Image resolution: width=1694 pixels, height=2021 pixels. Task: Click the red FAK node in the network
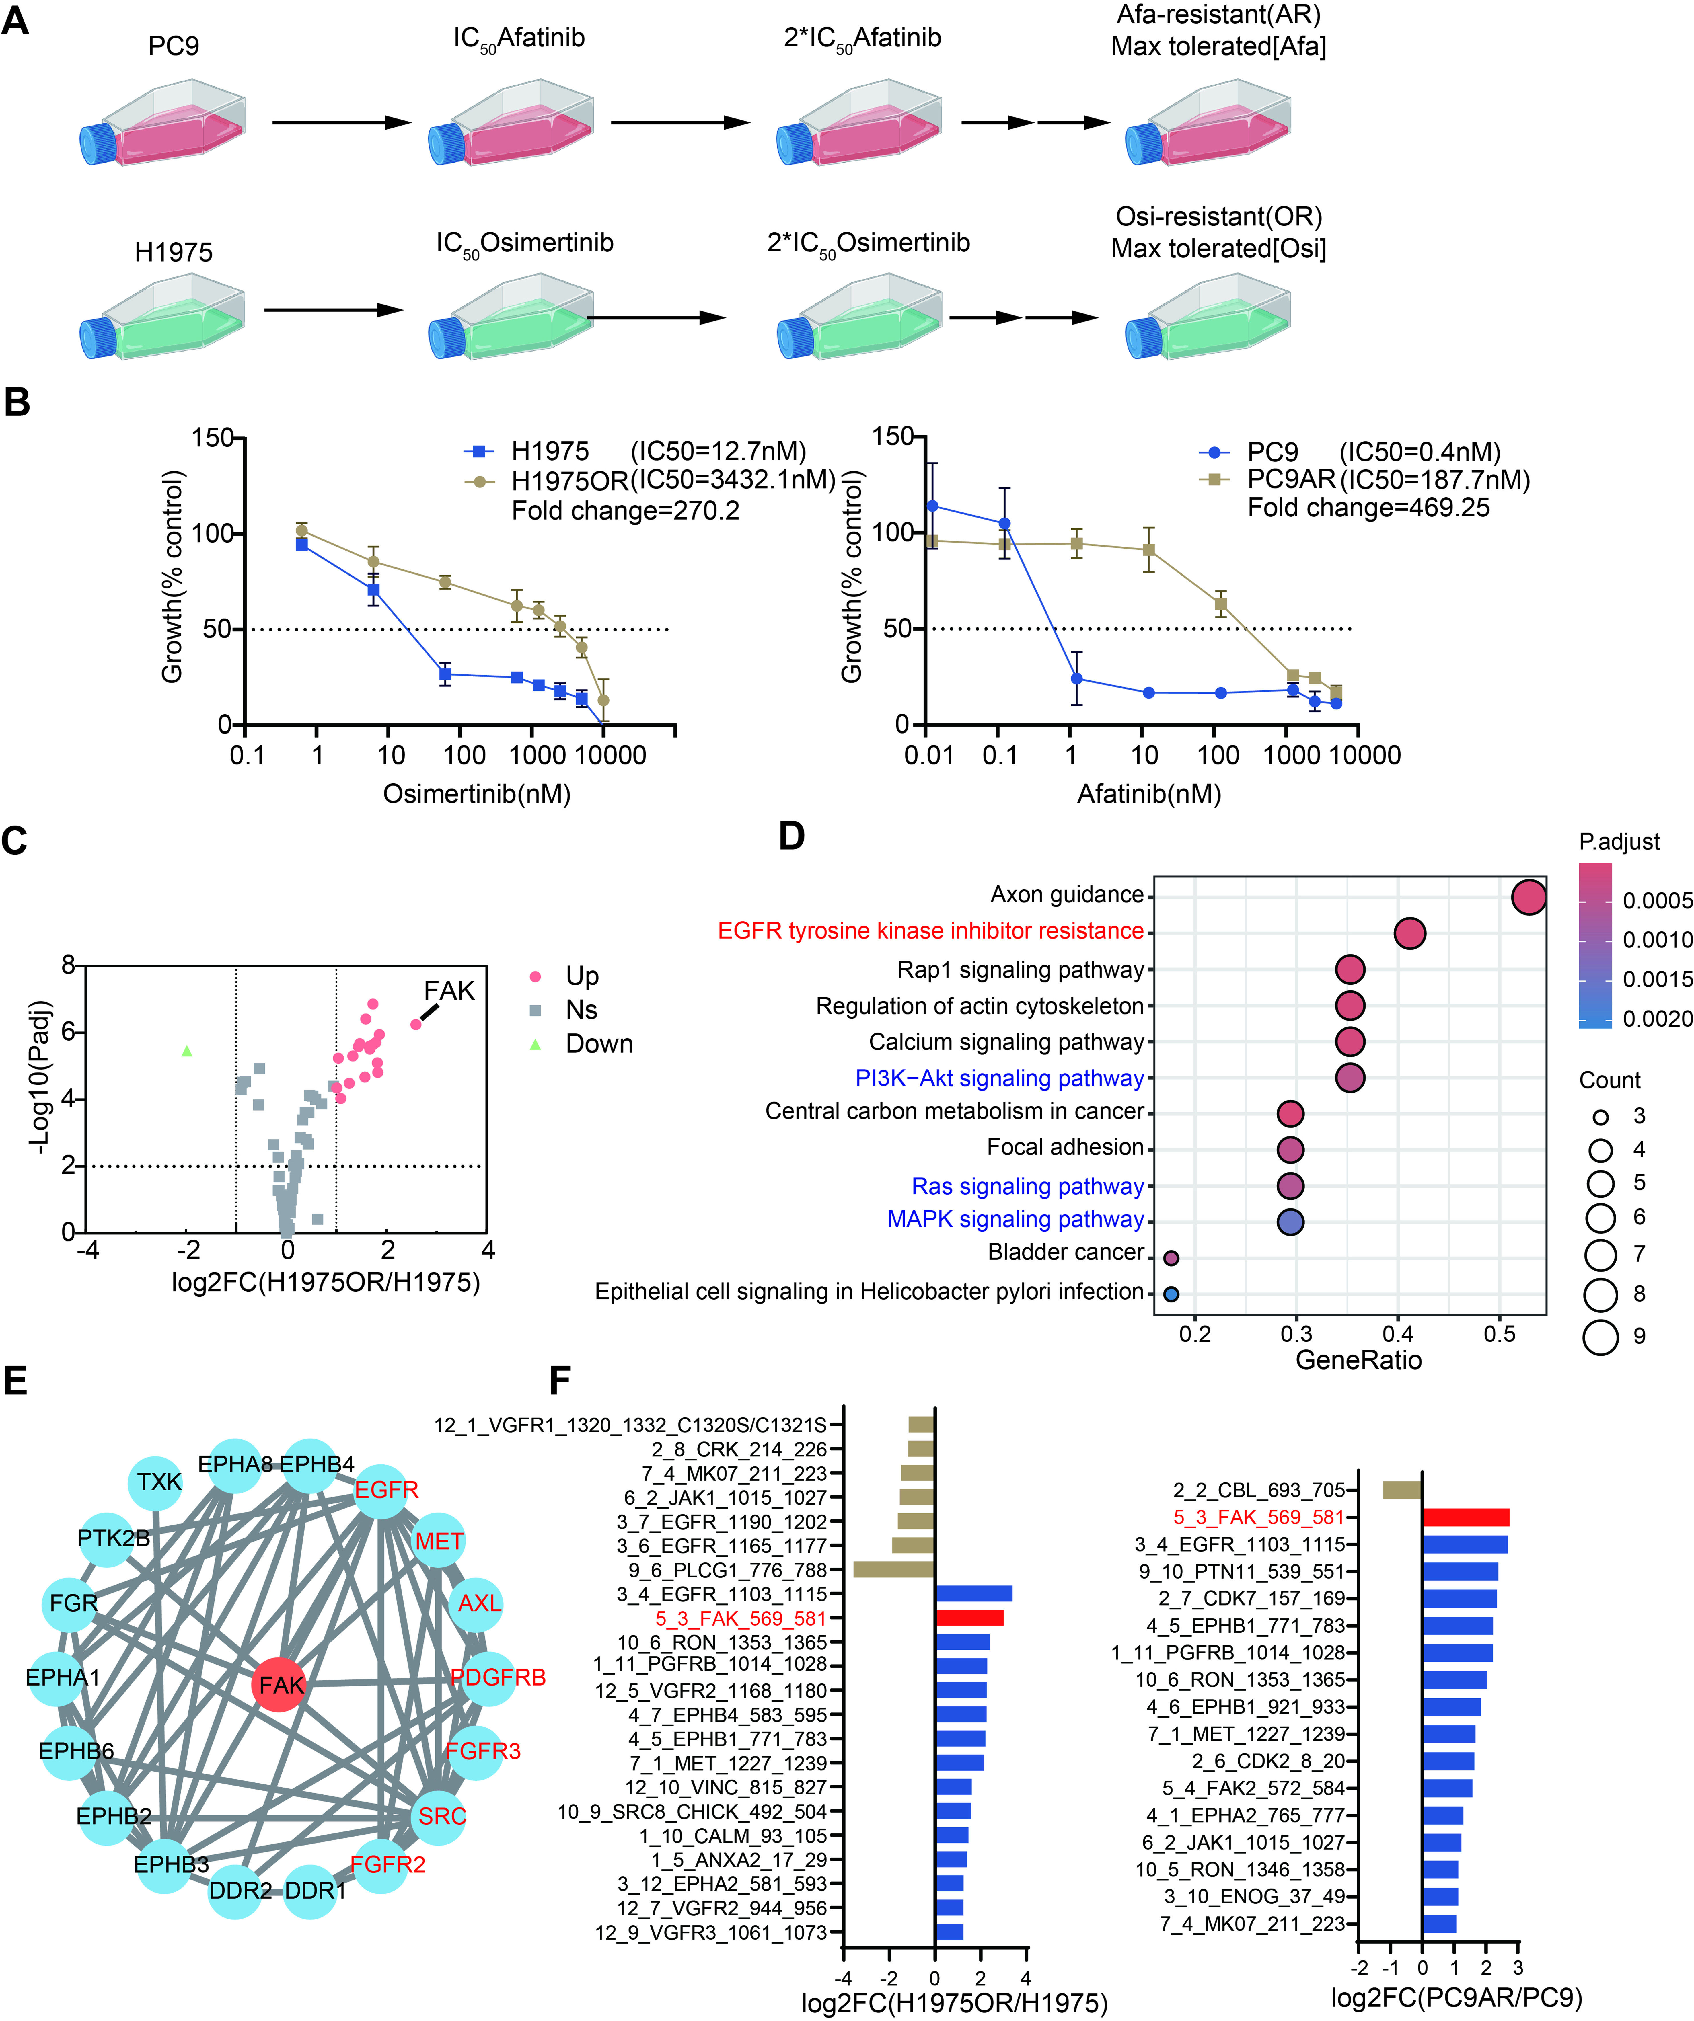[x=279, y=1685]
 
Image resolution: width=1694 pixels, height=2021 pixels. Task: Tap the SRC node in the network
[x=441, y=1816]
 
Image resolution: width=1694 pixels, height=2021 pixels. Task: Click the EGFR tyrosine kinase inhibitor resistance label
[x=930, y=930]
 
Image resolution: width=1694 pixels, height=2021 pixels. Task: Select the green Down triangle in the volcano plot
[x=187, y=1051]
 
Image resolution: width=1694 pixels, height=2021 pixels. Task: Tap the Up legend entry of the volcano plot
[x=581, y=976]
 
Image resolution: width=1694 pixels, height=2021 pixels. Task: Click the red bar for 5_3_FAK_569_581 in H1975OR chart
[x=969, y=1618]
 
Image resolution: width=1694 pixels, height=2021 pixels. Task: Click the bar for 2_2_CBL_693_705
[x=1402, y=1490]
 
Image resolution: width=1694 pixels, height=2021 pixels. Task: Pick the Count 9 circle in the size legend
[x=1600, y=1337]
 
